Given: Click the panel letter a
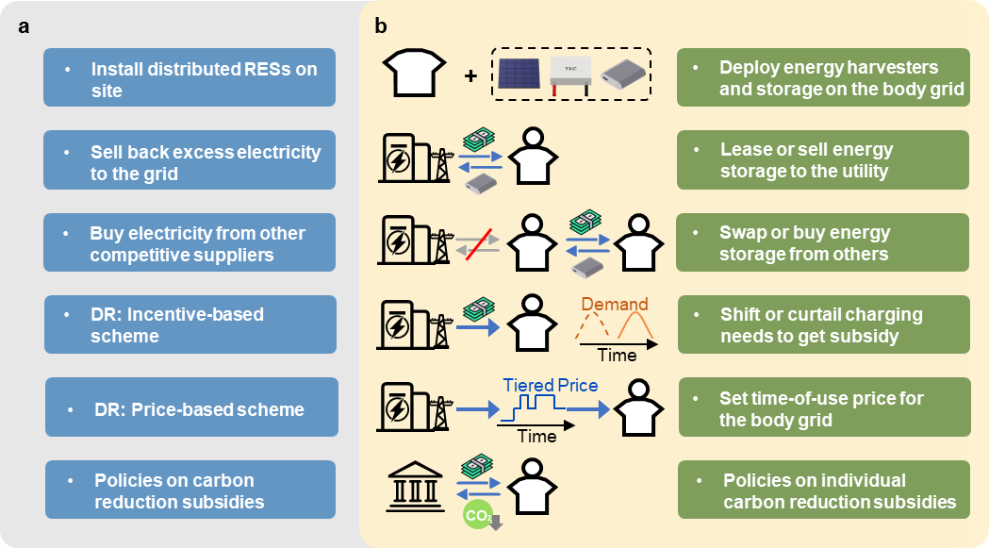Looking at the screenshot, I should (25, 26).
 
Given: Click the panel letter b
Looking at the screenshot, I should (381, 26).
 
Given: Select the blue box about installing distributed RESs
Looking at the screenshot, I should (190, 79).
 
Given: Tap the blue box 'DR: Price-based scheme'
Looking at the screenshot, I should (192, 407).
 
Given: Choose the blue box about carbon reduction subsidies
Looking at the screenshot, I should (190, 490).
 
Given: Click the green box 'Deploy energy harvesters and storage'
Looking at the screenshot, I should (822, 79).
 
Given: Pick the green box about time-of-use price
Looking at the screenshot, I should (823, 407).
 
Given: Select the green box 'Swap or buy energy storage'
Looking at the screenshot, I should (822, 243).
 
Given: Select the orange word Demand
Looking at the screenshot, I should (614, 304).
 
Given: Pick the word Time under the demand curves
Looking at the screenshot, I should (618, 356).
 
